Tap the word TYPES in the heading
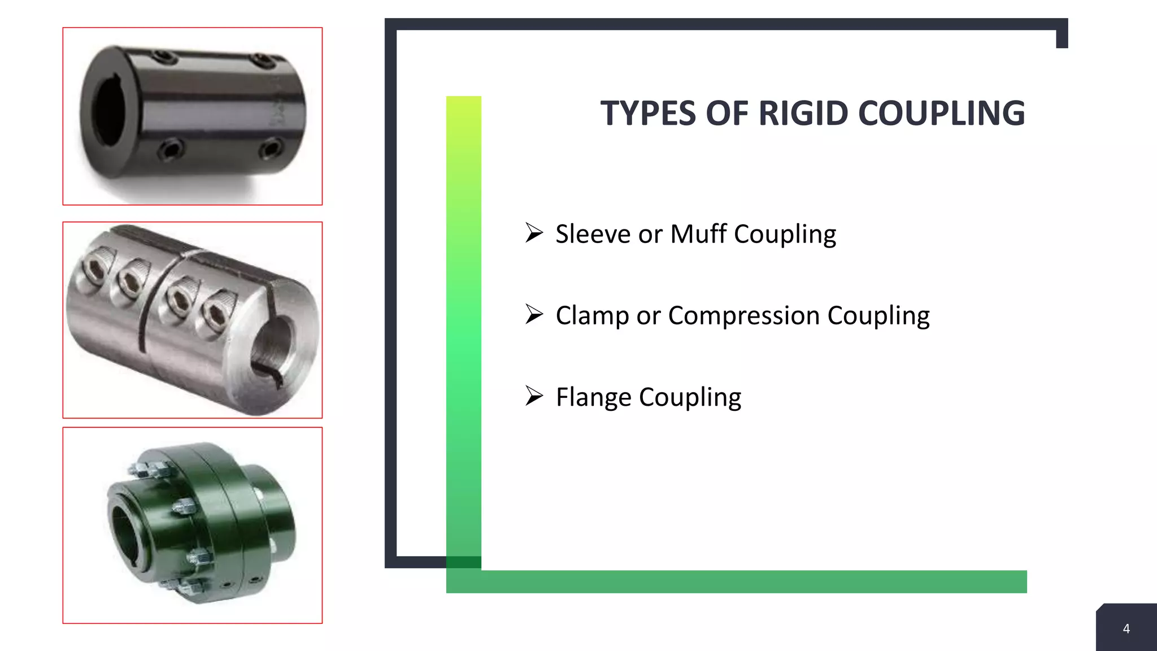(649, 113)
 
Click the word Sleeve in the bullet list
(593, 234)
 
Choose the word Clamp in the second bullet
(592, 315)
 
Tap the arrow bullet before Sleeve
(534, 232)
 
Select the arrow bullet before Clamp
(534, 314)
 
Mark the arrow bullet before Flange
(534, 396)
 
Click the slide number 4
(1126, 629)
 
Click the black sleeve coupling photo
(192, 116)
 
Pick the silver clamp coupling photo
(192, 320)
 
